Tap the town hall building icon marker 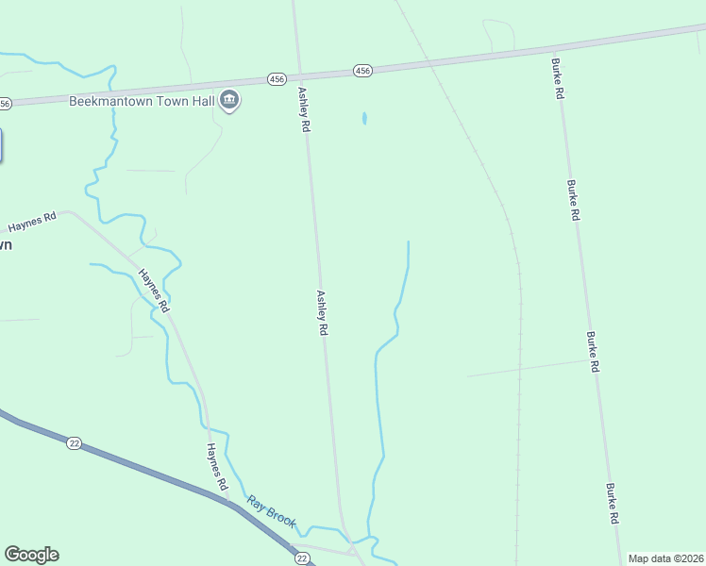(228, 100)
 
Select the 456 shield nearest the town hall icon (275, 79)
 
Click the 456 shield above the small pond (363, 71)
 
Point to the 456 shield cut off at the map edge (5, 103)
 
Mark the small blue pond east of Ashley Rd (364, 119)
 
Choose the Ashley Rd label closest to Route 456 (305, 109)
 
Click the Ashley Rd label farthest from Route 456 (322, 312)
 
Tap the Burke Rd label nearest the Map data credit (614, 504)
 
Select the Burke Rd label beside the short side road (593, 351)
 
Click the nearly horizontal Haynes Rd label (32, 223)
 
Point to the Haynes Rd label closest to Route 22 (217, 466)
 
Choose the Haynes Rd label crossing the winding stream (154, 291)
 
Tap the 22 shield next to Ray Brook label (301, 558)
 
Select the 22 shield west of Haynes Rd (73, 442)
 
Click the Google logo (31, 555)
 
